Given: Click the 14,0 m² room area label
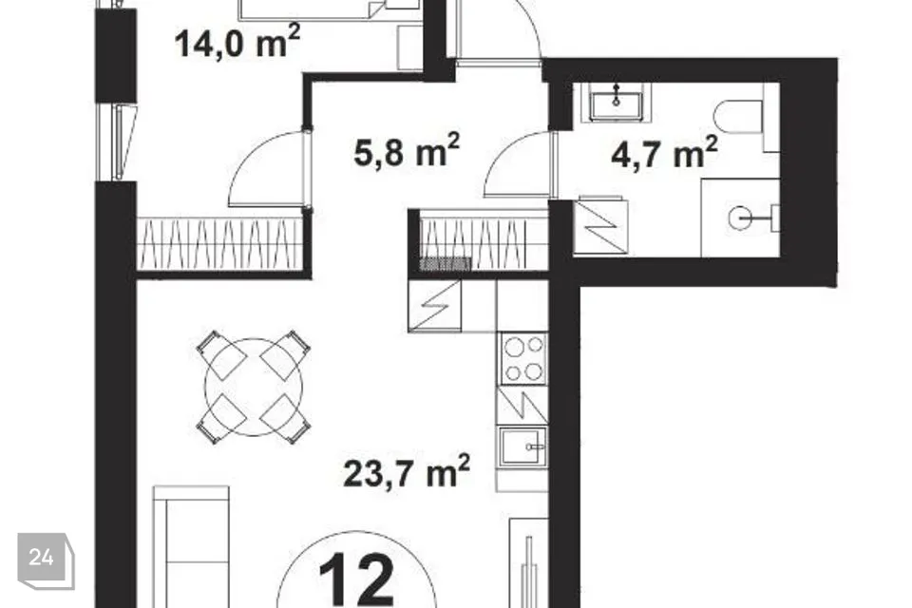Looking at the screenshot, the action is [x=237, y=42].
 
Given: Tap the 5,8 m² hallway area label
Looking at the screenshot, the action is [x=407, y=150].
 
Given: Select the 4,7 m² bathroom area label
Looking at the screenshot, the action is [x=664, y=152].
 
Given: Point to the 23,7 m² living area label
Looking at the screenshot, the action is [x=407, y=471].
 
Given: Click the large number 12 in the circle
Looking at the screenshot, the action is [x=356, y=579].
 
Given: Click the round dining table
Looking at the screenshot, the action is [x=254, y=388].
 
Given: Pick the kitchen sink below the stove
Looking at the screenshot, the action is [x=523, y=446].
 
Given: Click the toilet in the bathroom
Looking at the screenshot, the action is [x=738, y=116].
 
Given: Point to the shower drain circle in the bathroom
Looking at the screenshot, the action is [x=740, y=218].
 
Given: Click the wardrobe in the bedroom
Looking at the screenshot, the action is [x=220, y=244].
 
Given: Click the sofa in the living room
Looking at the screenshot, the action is [x=191, y=547].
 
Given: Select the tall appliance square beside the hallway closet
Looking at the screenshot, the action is [x=600, y=226].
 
